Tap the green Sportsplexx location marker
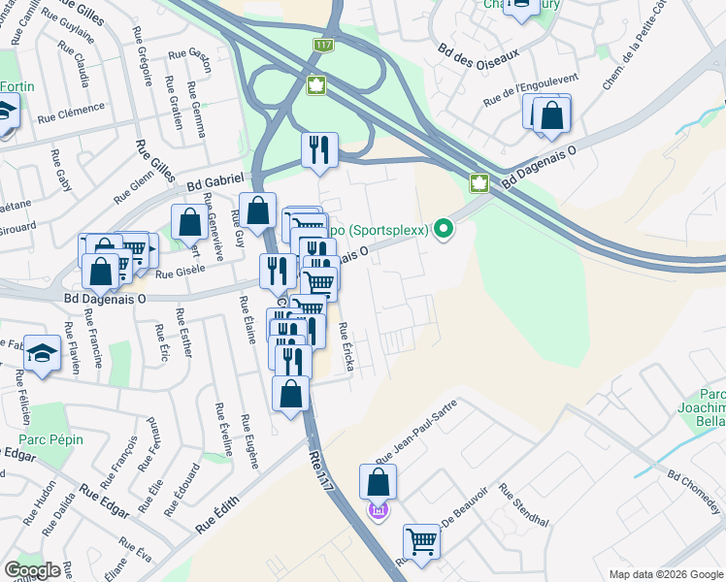click(445, 229)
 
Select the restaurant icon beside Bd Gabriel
click(319, 150)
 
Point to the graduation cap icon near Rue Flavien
click(42, 353)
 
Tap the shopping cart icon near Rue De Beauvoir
click(421, 541)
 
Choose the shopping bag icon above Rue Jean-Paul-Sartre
click(378, 482)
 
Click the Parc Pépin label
click(49, 439)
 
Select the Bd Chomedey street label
click(694, 492)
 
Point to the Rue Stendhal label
click(523, 506)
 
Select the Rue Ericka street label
click(346, 352)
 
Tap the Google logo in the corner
click(32, 569)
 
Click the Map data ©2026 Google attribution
click(665, 574)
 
